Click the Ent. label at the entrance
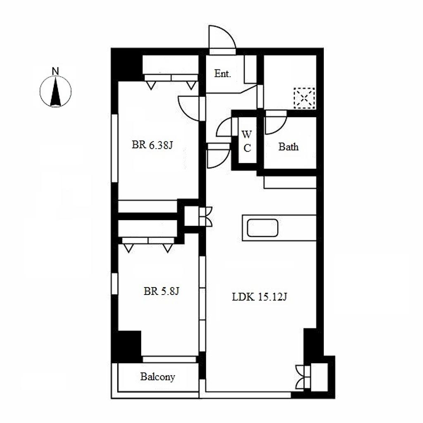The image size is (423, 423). click(x=223, y=74)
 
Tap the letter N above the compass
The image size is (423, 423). click(x=55, y=71)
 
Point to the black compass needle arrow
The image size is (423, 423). click(x=56, y=92)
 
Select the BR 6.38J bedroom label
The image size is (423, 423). click(x=152, y=145)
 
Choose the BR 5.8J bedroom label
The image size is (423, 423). click(x=162, y=291)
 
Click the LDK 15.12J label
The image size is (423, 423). click(x=259, y=297)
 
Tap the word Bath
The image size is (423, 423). click(x=288, y=147)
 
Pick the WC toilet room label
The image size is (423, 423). click(x=247, y=141)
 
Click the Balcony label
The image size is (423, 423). click(x=157, y=377)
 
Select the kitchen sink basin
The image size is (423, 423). click(x=262, y=228)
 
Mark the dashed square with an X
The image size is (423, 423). click(x=304, y=98)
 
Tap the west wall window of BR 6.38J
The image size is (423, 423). click(x=115, y=148)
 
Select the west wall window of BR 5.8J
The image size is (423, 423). click(x=115, y=283)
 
